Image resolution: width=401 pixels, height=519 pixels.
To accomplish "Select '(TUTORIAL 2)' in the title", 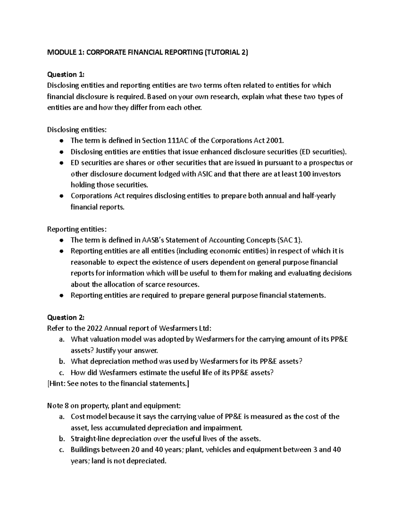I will click(226, 52).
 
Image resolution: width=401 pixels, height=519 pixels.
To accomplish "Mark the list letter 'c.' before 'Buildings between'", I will click(61, 450).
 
